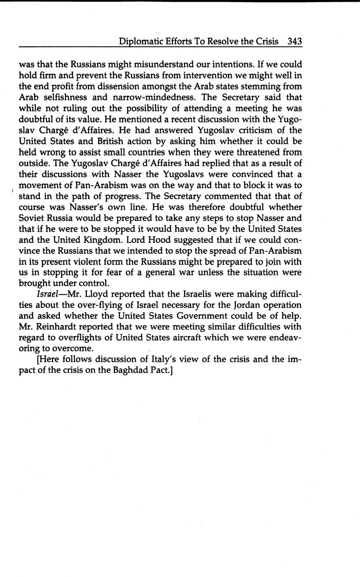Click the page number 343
[x=294, y=41]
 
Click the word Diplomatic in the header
[x=139, y=42]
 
